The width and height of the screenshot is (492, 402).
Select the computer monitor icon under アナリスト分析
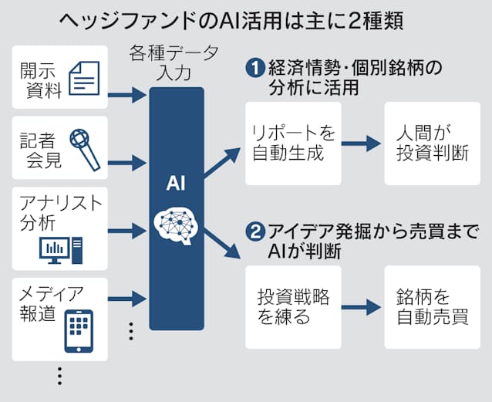61,249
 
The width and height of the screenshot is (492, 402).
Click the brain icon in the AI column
177,225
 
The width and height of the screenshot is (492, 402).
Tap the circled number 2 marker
254,230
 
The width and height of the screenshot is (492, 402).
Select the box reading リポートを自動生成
293,143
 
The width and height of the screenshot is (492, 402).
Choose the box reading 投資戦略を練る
293,306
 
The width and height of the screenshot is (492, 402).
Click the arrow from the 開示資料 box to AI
127,96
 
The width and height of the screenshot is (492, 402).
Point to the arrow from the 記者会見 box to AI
127,162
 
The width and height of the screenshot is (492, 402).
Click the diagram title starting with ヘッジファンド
245,19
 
